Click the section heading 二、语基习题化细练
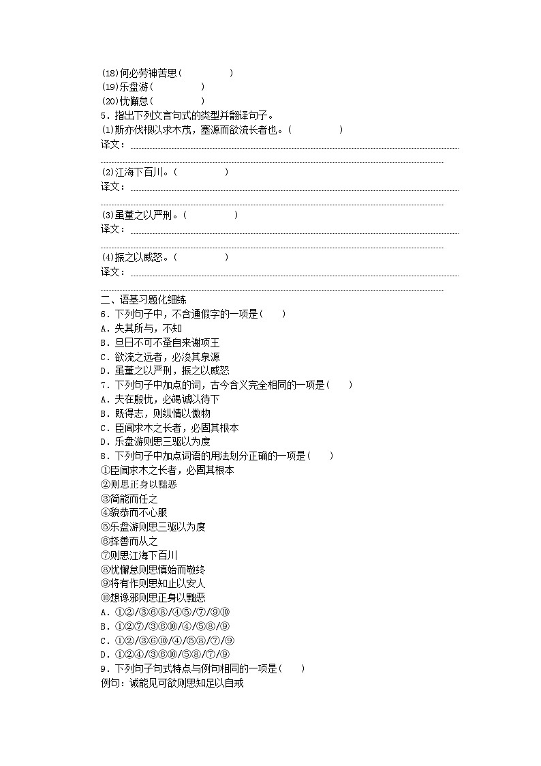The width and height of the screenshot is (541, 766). pos(144,299)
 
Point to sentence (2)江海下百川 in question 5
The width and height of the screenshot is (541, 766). pos(136,172)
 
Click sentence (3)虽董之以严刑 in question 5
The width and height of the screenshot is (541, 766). pos(140,215)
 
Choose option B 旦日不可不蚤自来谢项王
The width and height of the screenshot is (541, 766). pos(160,342)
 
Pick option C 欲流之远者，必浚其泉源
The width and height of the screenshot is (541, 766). pos(160,357)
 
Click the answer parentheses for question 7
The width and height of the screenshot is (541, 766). pos(341,385)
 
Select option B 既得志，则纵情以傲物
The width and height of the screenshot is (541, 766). pos(155,413)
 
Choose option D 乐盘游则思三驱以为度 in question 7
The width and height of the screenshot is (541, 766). pos(155,441)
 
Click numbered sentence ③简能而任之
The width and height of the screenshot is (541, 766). pos(129,499)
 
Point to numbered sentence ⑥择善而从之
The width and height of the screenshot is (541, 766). pos(129,541)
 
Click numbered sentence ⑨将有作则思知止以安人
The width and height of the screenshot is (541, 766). pos(153,584)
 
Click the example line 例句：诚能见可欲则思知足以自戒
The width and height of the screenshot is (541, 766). pos(172,683)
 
